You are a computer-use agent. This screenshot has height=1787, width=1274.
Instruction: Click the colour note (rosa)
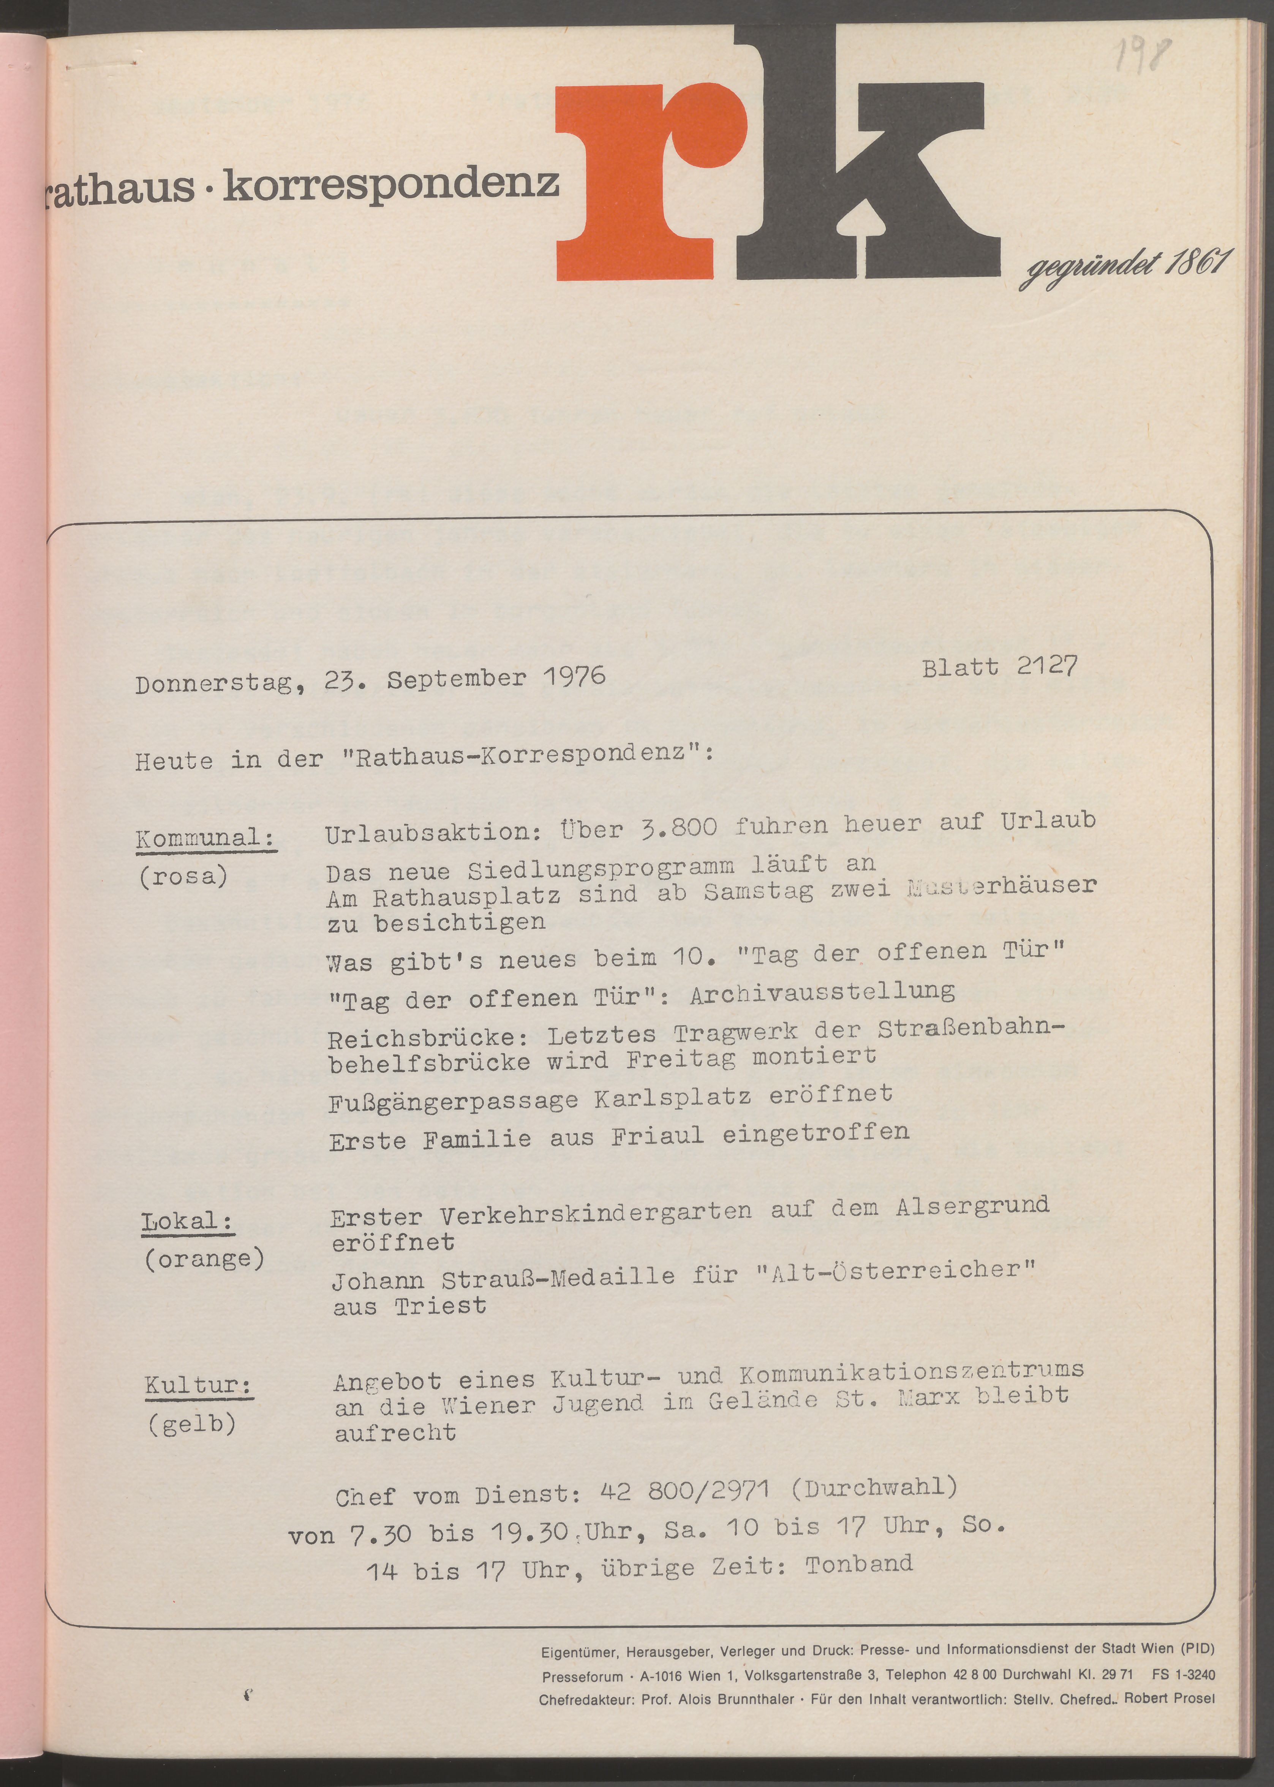point(183,876)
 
